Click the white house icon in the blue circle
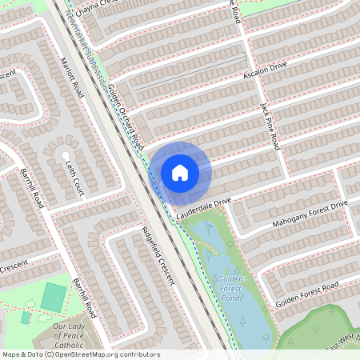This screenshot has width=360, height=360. point(180,172)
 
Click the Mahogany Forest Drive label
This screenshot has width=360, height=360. point(310,212)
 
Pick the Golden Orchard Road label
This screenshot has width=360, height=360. point(124,116)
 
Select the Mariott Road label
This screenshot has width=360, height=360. point(72,78)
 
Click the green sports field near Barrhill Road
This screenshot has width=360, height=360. point(54,297)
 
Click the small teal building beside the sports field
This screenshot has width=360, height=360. point(26,318)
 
